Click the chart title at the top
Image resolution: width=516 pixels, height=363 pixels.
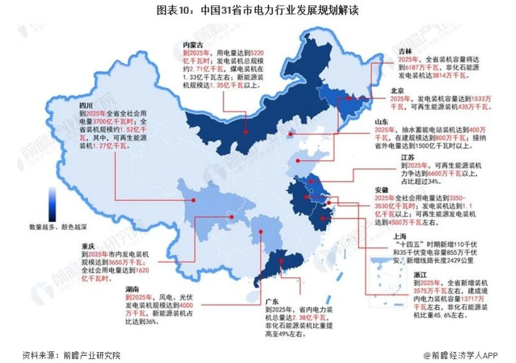[257, 10]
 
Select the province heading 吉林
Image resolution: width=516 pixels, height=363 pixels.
[406, 50]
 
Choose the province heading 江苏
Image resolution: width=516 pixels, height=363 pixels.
[406, 157]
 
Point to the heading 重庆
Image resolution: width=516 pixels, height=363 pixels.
[89, 246]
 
